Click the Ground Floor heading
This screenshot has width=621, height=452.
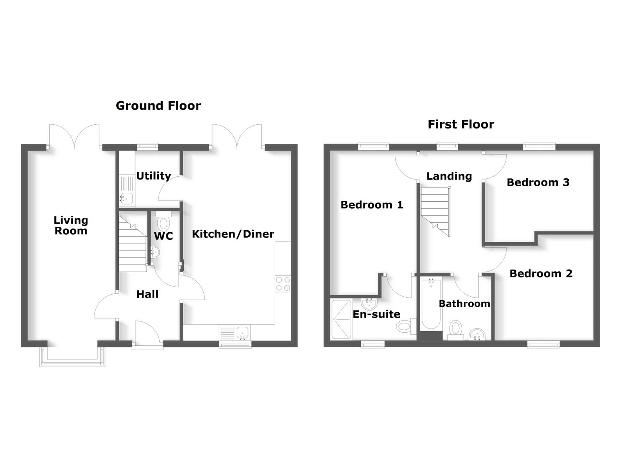[158, 106]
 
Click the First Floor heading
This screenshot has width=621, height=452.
[461, 124]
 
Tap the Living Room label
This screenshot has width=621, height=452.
[71, 226]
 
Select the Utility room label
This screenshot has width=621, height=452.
[153, 176]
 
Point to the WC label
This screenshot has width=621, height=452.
[164, 236]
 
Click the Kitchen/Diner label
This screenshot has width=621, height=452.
[233, 234]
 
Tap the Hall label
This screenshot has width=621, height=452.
[147, 294]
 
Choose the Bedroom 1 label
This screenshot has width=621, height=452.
[372, 205]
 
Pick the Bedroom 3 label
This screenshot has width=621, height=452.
[538, 182]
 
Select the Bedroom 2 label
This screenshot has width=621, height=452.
[541, 274]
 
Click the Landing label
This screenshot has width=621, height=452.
[449, 176]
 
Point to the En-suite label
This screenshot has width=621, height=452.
[376, 314]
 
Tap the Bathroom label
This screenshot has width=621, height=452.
[464, 304]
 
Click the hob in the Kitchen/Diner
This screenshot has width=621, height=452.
[283, 284]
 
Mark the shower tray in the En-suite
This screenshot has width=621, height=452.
[342, 319]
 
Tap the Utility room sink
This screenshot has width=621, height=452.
[127, 198]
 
